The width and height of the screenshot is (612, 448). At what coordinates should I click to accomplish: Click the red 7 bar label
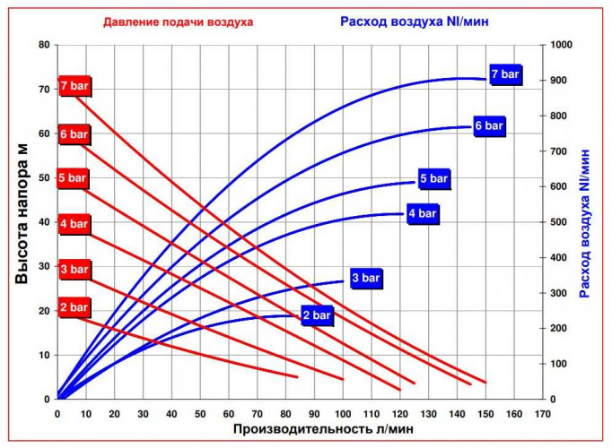[x=74, y=86]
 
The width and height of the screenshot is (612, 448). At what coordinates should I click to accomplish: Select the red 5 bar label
[x=73, y=177]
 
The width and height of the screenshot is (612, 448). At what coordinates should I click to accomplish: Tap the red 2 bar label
[x=74, y=307]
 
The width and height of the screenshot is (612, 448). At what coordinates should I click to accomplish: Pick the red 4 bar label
[x=74, y=223]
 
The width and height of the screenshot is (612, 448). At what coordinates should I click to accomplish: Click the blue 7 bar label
[x=505, y=73]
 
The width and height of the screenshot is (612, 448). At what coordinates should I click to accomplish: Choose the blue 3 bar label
[x=366, y=279]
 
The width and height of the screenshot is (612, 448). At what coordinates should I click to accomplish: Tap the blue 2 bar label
[x=317, y=316]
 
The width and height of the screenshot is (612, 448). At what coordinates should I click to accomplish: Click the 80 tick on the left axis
[x=43, y=45]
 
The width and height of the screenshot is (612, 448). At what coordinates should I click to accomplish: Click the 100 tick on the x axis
[x=343, y=414]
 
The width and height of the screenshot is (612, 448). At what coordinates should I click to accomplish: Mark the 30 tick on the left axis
[x=43, y=266]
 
